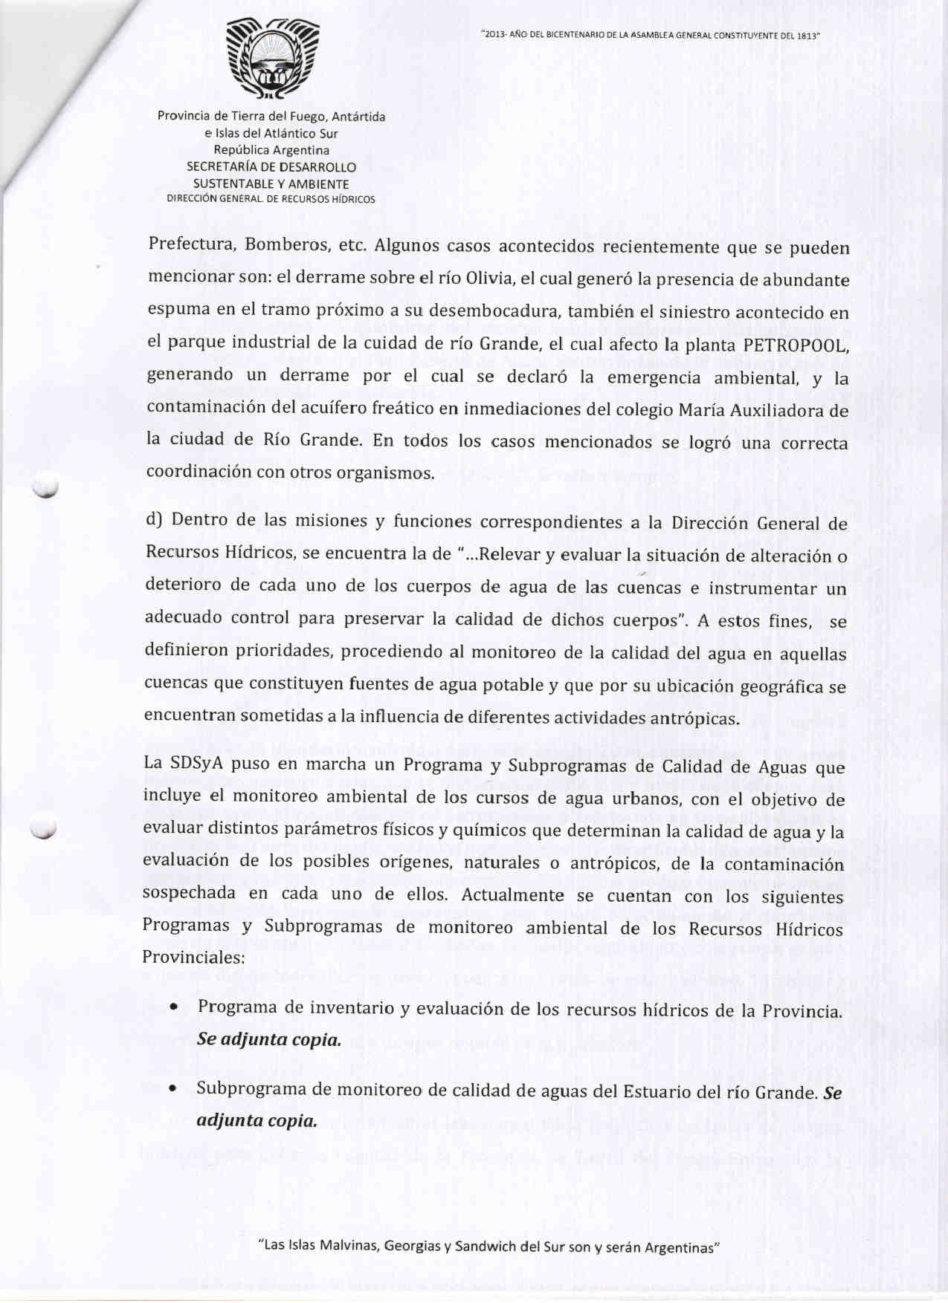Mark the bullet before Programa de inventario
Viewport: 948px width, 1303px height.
(x=172, y=1008)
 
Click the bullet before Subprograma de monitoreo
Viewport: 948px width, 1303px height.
(x=172, y=1090)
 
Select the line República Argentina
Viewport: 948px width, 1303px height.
(x=271, y=150)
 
